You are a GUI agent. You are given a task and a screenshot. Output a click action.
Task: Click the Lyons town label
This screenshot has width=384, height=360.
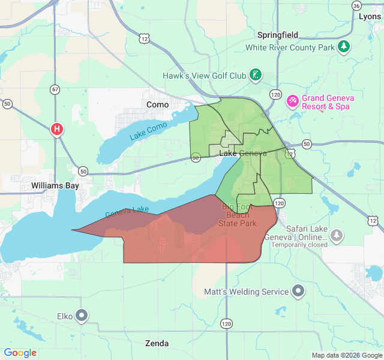tap(370, 16)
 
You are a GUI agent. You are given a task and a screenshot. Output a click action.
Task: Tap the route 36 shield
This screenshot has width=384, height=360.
tap(357, 5)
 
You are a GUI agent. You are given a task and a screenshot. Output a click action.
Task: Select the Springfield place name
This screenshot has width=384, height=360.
tap(278, 35)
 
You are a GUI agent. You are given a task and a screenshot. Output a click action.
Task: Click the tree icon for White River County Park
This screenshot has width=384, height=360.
tap(344, 47)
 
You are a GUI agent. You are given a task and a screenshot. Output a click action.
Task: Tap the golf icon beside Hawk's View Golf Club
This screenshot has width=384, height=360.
tap(256, 76)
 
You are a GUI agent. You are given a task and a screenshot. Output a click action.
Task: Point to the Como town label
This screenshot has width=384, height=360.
tap(158, 104)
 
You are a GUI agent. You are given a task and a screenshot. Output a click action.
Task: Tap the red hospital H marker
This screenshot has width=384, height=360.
tap(57, 128)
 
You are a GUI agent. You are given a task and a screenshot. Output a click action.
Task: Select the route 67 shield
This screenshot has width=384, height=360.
tap(55, 89)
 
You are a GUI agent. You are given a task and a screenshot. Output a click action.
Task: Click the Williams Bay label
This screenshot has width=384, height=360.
tap(55, 186)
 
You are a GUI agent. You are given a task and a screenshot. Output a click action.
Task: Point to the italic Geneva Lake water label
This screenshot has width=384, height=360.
tap(127, 212)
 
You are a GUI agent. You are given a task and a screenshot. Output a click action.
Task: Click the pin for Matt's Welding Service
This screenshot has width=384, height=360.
tap(299, 292)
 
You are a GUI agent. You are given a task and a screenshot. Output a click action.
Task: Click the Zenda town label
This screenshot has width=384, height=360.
tap(157, 344)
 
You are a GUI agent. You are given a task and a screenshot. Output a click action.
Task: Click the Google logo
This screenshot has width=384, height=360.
tap(20, 353)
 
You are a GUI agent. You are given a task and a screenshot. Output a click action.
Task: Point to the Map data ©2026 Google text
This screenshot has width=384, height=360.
tap(347, 355)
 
